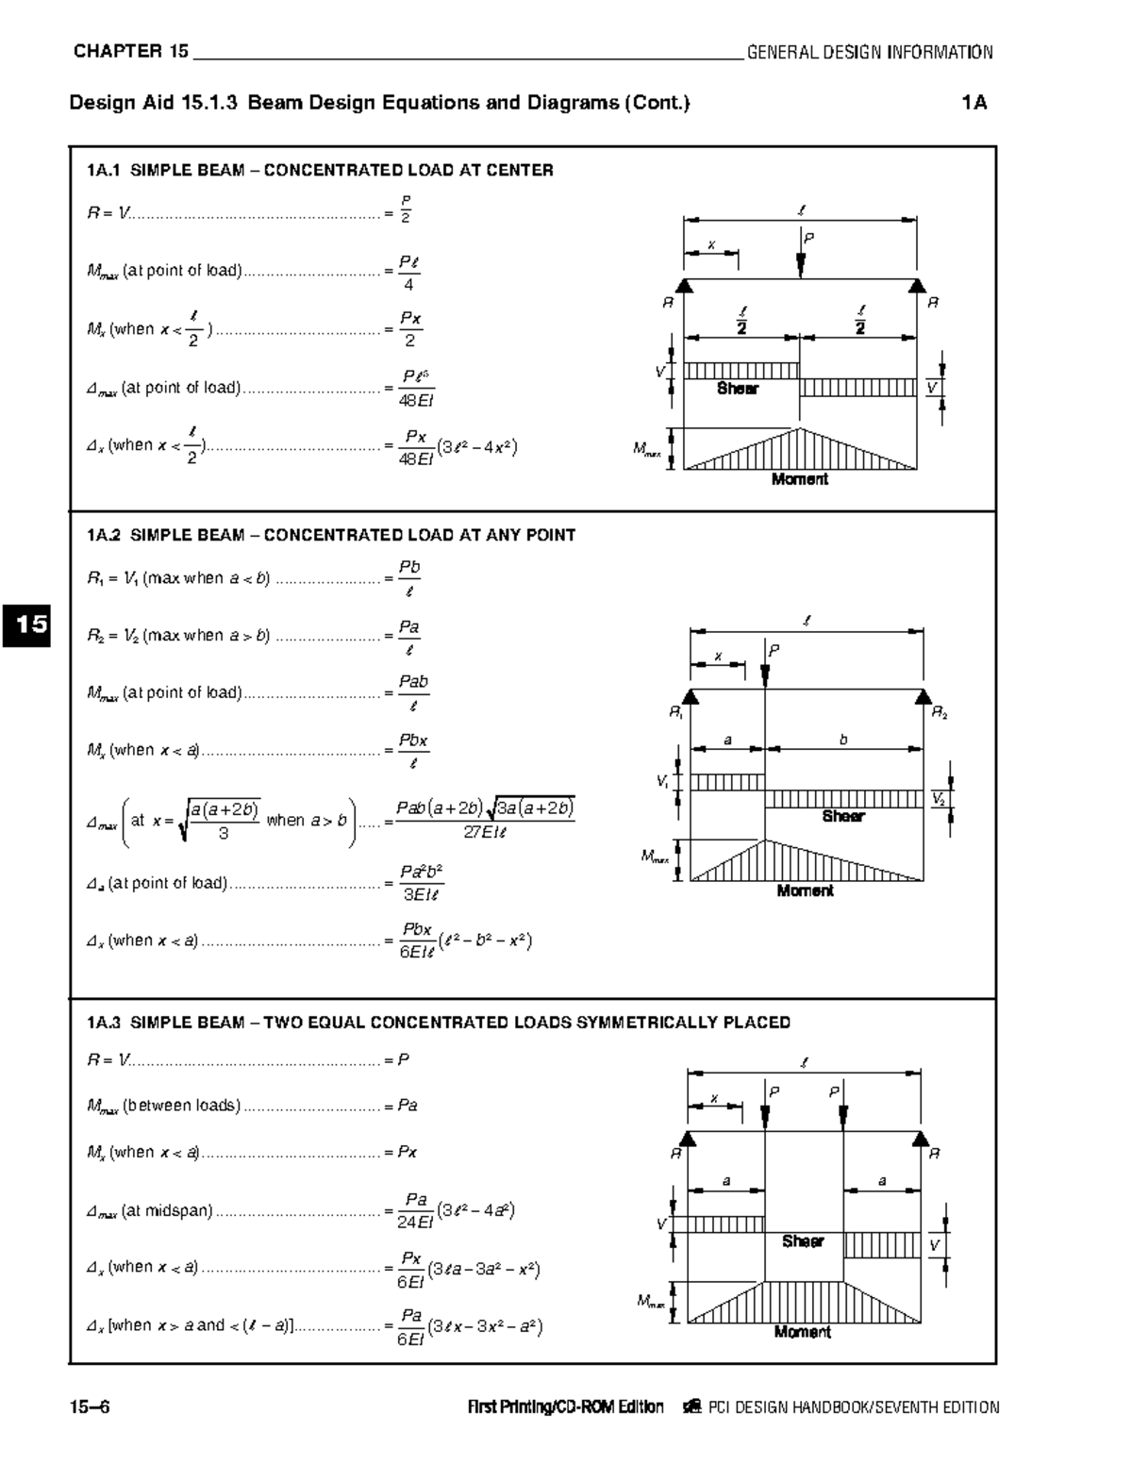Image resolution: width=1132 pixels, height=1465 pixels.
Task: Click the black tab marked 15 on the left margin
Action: click(x=26, y=624)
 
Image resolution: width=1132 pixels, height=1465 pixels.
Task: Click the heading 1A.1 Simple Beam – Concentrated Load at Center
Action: click(x=320, y=171)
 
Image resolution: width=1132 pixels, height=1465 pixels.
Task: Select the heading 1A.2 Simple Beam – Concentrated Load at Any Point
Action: click(x=330, y=535)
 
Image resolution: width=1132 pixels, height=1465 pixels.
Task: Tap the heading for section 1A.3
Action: click(x=438, y=1023)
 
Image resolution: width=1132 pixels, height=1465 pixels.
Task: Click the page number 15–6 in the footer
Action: click(x=90, y=1407)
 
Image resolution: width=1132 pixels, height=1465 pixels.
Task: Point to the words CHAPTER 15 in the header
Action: click(x=131, y=52)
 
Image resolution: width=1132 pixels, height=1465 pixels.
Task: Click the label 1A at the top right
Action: click(x=974, y=103)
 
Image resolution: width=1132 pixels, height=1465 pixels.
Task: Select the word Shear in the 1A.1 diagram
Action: click(x=737, y=389)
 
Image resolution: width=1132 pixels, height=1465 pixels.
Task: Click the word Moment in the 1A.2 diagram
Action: click(x=805, y=891)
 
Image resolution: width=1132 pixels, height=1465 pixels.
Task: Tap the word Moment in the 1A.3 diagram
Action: click(x=802, y=1332)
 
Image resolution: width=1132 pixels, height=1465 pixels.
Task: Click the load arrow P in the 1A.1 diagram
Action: click(x=801, y=258)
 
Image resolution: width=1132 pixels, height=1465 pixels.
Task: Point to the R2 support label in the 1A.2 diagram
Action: click(x=940, y=714)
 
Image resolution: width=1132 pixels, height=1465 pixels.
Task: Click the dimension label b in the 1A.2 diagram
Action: click(x=843, y=741)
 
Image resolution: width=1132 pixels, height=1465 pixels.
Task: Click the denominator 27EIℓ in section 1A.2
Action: click(x=485, y=832)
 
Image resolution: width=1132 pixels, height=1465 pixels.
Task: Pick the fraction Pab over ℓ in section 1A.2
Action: click(x=413, y=693)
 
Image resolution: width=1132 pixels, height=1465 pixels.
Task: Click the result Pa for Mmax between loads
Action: click(x=408, y=1106)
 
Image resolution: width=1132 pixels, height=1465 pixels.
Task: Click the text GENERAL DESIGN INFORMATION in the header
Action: click(x=869, y=53)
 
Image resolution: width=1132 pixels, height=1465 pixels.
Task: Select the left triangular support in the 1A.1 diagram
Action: click(x=686, y=286)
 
